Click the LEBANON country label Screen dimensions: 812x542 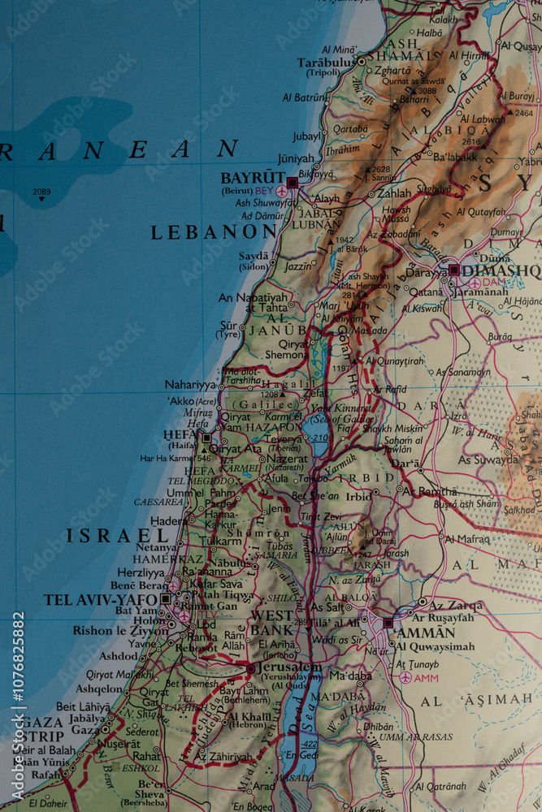pyautogui.click(x=214, y=232)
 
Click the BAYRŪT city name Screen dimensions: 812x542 pyautogui.click(x=253, y=177)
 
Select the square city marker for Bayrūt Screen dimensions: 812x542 pyautogui.click(x=292, y=183)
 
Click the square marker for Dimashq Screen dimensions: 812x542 pyautogui.click(x=453, y=270)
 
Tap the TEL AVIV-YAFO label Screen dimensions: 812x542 pyautogui.click(x=101, y=599)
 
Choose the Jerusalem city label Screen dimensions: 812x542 pyautogui.click(x=288, y=667)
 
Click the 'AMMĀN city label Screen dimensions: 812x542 pyautogui.click(x=427, y=632)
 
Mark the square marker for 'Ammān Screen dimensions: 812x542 pyautogui.click(x=388, y=624)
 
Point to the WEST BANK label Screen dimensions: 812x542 pyautogui.click(x=272, y=622)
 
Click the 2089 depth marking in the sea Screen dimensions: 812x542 pyautogui.click(x=41, y=192)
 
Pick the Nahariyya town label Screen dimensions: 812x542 pyautogui.click(x=191, y=384)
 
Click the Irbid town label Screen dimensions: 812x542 pyautogui.click(x=358, y=496)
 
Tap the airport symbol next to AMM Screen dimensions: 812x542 pyautogui.click(x=405, y=677)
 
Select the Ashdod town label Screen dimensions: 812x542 pyautogui.click(x=119, y=656)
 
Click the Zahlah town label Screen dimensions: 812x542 pyautogui.click(x=394, y=194)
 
